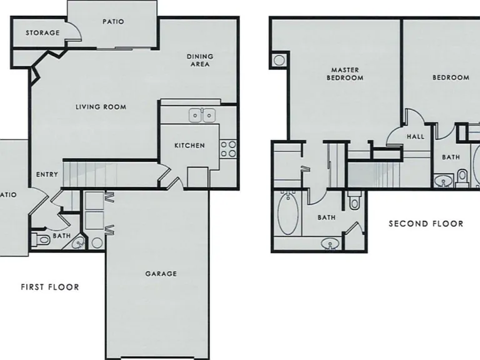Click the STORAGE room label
coord(42,32)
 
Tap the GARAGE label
coord(161,274)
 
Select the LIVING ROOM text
coord(101,107)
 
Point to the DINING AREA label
coord(200,60)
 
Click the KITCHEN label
coord(189,146)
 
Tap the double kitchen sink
coord(202,116)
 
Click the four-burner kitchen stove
coord(228,149)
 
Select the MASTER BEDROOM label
coord(345,74)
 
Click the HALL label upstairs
coord(416,136)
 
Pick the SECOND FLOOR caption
coord(426,224)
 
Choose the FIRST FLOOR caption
coord(50,287)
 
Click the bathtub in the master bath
coord(288,212)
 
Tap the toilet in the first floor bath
coord(41,239)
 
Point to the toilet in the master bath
coord(354,200)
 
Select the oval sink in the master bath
coord(330,244)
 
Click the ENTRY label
coord(47,174)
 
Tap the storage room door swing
coord(75,30)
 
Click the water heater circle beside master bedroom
coord(279,60)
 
